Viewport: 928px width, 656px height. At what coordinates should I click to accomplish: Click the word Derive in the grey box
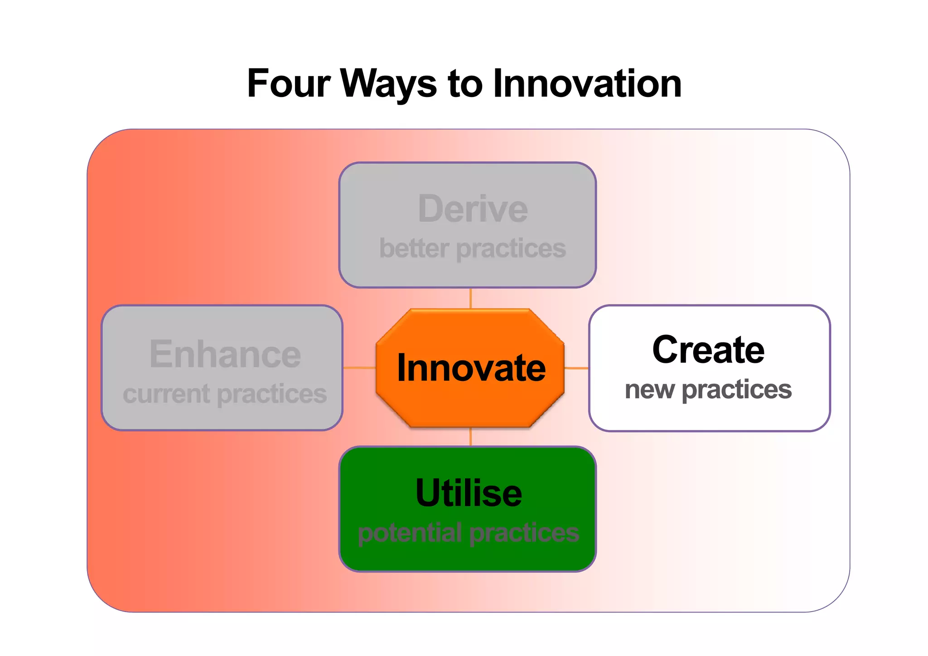pos(473,209)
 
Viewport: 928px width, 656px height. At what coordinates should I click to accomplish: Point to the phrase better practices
pos(473,248)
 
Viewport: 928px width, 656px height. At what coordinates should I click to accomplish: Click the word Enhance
pos(225,354)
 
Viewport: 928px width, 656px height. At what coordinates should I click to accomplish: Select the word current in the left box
pos(166,394)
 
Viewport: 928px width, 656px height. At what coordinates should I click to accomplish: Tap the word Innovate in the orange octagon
pos(471,368)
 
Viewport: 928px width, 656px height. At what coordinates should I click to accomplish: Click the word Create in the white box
pos(708,350)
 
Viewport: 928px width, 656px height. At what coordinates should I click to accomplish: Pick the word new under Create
pos(649,390)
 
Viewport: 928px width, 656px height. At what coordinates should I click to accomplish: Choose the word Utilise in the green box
pos(469,493)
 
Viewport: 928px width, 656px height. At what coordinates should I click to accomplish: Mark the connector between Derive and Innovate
pos(471,298)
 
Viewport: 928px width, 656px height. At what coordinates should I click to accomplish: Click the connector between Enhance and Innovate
pos(359,367)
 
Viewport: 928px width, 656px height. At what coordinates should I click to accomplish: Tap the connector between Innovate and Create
pos(576,368)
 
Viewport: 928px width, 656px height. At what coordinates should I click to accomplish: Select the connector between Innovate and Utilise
pos(471,437)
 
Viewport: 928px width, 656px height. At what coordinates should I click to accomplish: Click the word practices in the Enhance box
pos(272,394)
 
